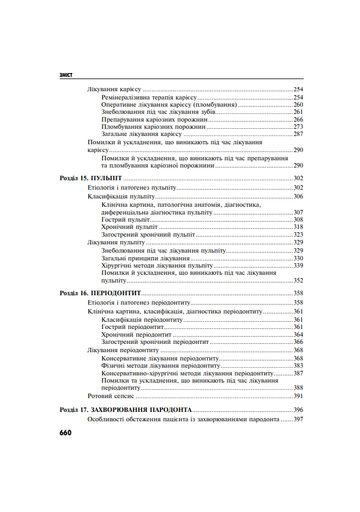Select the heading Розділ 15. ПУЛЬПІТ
[x=91, y=179]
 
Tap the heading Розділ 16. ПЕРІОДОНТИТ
[x=100, y=294]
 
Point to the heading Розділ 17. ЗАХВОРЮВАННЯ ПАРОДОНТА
[x=126, y=410]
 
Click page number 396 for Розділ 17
[x=298, y=410]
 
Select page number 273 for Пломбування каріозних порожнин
[x=298, y=127]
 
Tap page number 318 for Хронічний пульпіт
[x=298, y=227]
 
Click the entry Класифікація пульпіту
[x=121, y=196]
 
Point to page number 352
[x=298, y=281]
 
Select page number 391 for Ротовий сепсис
[x=298, y=396]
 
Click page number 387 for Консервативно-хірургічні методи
[x=298, y=373]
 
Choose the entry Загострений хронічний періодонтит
[x=155, y=342]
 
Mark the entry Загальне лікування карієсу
[x=142, y=134]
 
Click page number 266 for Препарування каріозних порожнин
[x=298, y=119]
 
